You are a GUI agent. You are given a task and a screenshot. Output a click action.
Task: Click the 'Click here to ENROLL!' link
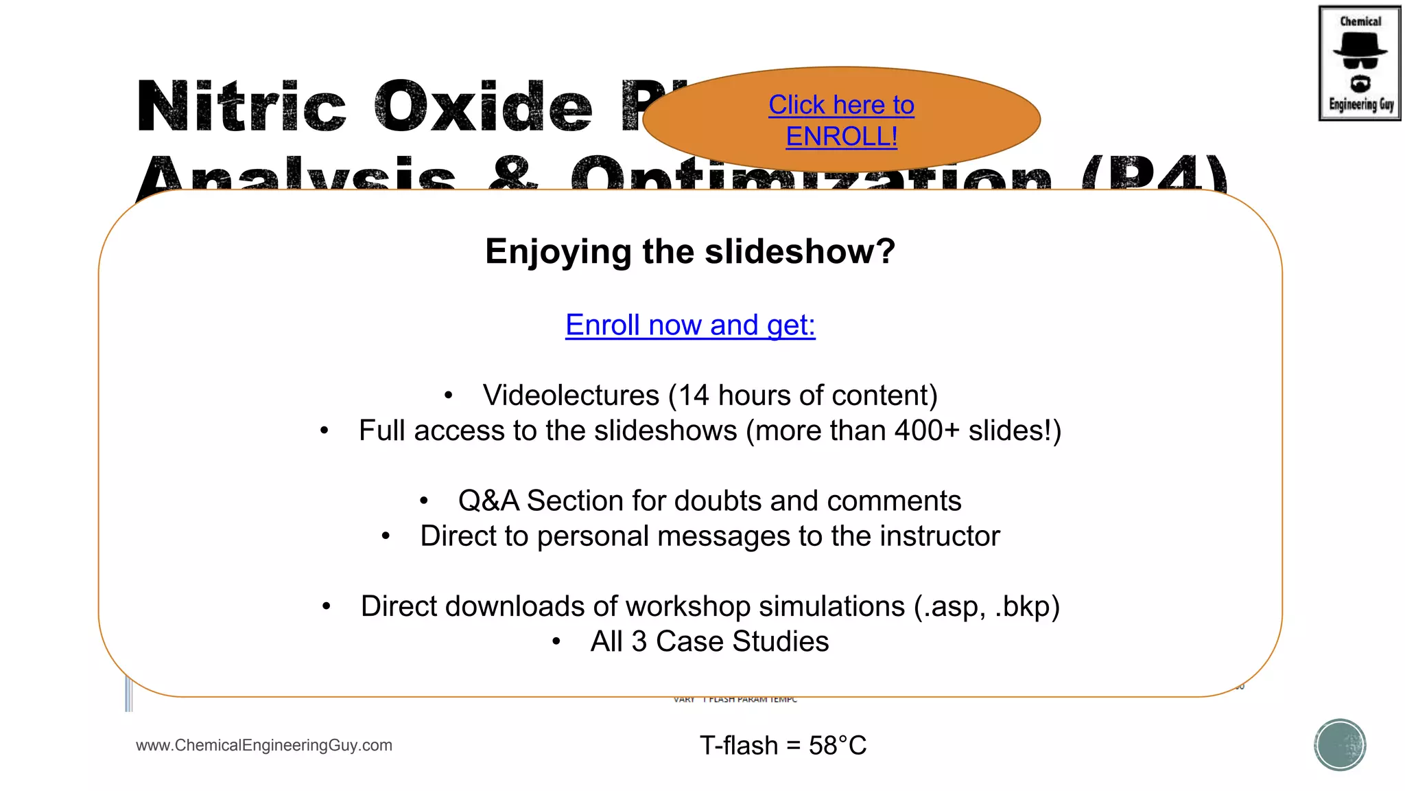tap(841, 121)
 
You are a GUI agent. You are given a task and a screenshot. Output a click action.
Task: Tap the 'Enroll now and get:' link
tap(690, 325)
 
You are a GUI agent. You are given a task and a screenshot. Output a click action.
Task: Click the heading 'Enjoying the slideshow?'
tap(690, 251)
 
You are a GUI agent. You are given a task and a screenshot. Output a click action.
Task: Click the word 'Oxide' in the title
tap(484, 107)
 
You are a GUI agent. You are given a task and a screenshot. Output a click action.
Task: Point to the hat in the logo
tap(1360, 46)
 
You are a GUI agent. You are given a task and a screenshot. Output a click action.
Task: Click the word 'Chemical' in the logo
tap(1360, 21)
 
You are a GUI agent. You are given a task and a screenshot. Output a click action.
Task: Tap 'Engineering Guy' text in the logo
tap(1361, 104)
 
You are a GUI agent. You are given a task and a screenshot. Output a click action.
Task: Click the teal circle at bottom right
tap(1340, 745)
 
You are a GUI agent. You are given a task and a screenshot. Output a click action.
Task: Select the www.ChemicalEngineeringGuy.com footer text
tap(264, 746)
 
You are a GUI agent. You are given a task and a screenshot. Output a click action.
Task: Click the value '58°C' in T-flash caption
tap(838, 746)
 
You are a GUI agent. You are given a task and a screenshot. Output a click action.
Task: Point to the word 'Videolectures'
tap(571, 395)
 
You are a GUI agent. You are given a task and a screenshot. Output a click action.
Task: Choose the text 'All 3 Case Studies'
tap(709, 642)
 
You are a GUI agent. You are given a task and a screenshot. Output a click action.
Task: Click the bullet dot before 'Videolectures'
tap(448, 396)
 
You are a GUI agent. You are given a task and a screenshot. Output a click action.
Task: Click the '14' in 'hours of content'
tap(694, 395)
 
